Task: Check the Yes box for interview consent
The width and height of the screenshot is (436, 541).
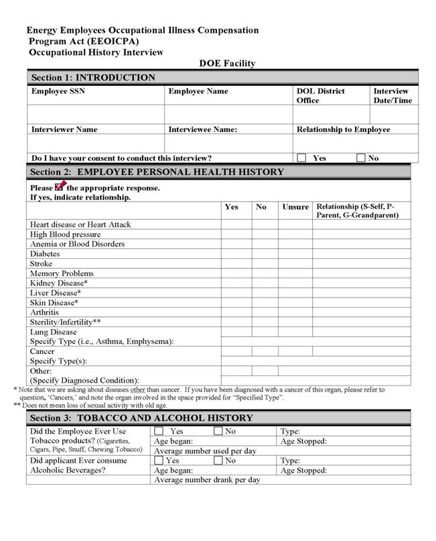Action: click(301, 158)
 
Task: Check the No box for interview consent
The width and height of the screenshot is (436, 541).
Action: click(361, 158)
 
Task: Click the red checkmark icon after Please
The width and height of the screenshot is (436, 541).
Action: click(59, 186)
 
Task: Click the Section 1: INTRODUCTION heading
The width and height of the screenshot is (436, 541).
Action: click(93, 78)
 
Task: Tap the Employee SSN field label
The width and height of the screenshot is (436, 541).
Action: click(58, 91)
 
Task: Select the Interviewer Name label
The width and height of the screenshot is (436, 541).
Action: click(64, 129)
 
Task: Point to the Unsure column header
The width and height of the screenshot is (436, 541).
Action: click(295, 207)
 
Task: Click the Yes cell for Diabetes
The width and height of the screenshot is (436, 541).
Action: click(236, 254)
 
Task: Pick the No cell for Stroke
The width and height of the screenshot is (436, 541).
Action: click(265, 264)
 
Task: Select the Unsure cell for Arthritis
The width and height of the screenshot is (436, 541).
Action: click(295, 312)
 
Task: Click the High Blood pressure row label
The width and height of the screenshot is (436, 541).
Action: click(66, 235)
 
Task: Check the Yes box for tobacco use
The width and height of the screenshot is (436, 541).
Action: click(159, 432)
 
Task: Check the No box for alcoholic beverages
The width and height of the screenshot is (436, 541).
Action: click(218, 461)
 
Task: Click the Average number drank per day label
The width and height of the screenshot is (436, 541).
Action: click(207, 480)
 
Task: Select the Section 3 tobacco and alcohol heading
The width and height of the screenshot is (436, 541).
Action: click(142, 418)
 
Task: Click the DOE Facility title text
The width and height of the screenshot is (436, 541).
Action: click(227, 64)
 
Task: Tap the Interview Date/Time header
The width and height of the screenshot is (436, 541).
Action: click(392, 96)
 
